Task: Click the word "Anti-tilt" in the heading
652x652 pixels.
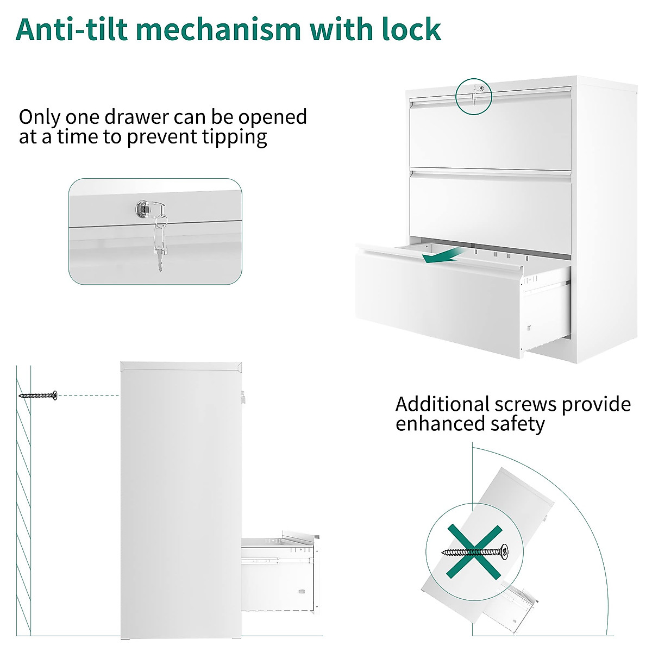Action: tap(76, 29)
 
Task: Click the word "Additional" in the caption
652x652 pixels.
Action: tap(442, 404)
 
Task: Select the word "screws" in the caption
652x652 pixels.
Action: tap(525, 404)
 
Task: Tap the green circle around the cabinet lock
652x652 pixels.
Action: tap(473, 96)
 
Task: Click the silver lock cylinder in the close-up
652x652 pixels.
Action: tap(142, 208)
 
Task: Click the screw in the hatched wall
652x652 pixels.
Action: tap(39, 395)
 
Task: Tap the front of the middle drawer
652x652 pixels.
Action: tap(489, 206)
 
